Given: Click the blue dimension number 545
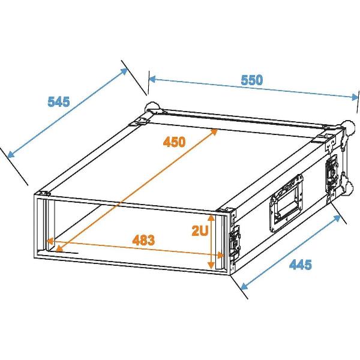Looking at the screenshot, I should tap(59, 101).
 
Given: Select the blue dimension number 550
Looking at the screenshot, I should tap(252, 80).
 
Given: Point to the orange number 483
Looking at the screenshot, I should tap(143, 240).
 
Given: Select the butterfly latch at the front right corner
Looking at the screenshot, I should tap(234, 244).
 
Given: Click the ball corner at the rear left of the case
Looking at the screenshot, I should tap(152, 109).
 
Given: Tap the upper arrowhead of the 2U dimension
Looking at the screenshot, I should tap(211, 218).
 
